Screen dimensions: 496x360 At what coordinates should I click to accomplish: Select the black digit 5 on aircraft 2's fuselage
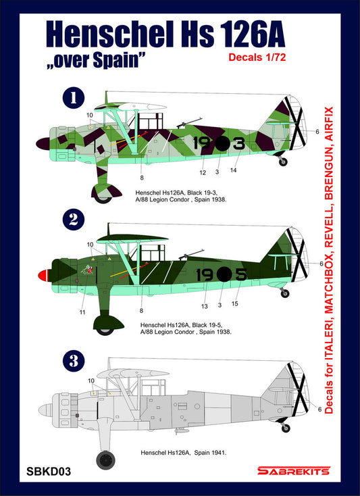(x=241, y=274)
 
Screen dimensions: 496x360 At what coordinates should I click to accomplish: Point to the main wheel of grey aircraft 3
(x=105, y=461)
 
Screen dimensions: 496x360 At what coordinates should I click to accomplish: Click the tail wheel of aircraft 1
(x=283, y=162)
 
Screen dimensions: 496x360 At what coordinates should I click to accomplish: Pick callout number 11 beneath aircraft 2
(x=82, y=312)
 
